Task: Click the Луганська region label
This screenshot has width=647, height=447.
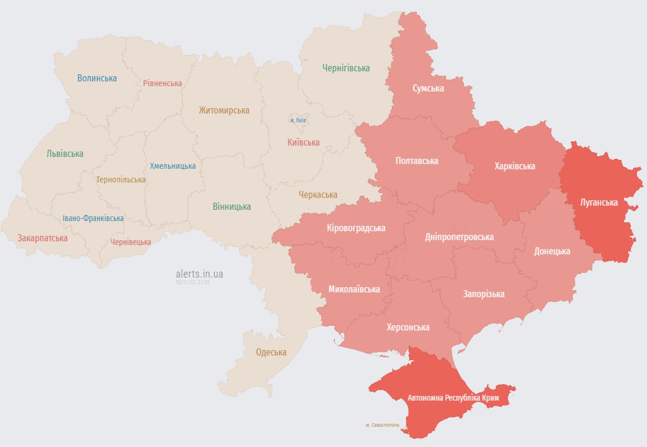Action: (x=599, y=202)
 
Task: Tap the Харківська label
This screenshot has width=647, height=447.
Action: (x=514, y=166)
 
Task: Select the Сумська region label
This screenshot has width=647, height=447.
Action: (x=428, y=88)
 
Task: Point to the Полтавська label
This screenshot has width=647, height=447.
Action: (x=417, y=160)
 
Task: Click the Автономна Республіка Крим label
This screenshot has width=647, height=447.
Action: (x=453, y=396)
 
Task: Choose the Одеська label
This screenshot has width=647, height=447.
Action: (x=271, y=352)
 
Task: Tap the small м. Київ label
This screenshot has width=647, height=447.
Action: (x=298, y=120)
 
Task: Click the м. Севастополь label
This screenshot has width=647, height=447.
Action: (x=382, y=425)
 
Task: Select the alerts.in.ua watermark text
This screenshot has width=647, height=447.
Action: (x=200, y=274)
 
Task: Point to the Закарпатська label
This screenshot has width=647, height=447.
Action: (x=42, y=238)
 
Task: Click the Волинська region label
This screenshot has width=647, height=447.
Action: (x=97, y=78)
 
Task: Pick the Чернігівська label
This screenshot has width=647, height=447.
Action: (x=346, y=68)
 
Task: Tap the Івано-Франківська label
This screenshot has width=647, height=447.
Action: (x=93, y=218)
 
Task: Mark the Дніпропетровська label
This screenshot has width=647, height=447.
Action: (x=459, y=237)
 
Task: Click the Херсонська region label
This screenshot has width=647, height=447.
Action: (x=408, y=327)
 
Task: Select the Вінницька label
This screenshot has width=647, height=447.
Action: (x=231, y=207)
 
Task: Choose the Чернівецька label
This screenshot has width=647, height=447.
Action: (x=131, y=242)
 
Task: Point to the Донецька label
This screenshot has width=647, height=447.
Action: (x=552, y=251)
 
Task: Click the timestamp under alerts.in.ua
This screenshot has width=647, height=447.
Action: (x=193, y=282)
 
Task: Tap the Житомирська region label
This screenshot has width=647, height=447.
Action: (x=224, y=110)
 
